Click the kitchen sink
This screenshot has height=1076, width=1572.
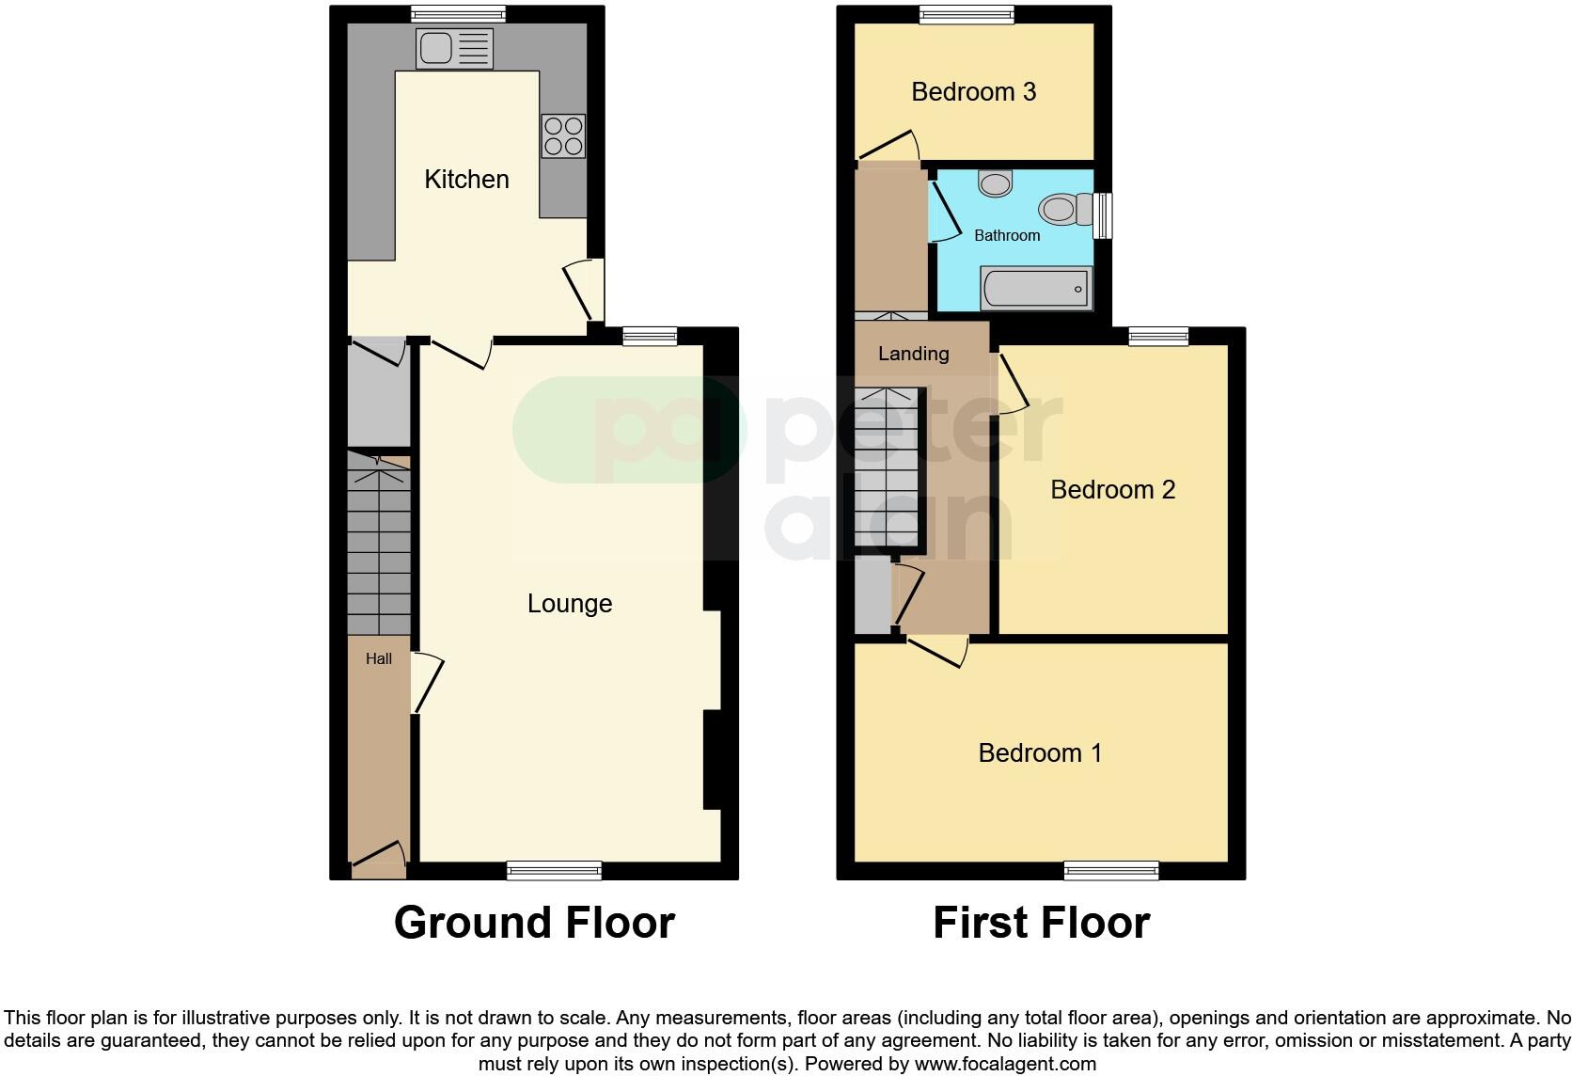pyautogui.click(x=455, y=49)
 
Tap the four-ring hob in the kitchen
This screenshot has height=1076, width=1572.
pyautogui.click(x=562, y=135)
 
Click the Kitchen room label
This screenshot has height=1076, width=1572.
pyautogui.click(x=466, y=179)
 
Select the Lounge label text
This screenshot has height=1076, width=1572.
pyautogui.click(x=570, y=603)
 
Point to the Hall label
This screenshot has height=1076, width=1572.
pyautogui.click(x=379, y=658)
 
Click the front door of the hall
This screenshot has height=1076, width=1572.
pyautogui.click(x=379, y=855)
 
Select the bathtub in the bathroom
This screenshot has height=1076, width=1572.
pyautogui.click(x=1036, y=288)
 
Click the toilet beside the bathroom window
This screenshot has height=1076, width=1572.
pyautogui.click(x=1064, y=208)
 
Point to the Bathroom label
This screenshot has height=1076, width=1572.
pyautogui.click(x=1007, y=235)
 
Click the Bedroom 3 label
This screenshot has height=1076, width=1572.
pyautogui.click(x=973, y=91)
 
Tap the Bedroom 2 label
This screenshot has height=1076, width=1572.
pyautogui.click(x=1112, y=489)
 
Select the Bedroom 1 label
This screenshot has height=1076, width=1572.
pyautogui.click(x=1040, y=752)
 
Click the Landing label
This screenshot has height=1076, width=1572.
pyautogui.click(x=913, y=354)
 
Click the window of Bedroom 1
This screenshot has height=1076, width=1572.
pyautogui.click(x=1110, y=870)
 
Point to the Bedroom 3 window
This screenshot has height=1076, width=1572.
pyautogui.click(x=967, y=14)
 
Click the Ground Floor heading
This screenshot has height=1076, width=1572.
pyautogui.click(x=534, y=923)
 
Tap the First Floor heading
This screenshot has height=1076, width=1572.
pyautogui.click(x=1041, y=923)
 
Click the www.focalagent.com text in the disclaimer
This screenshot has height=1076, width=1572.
pyautogui.click(x=1005, y=1064)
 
